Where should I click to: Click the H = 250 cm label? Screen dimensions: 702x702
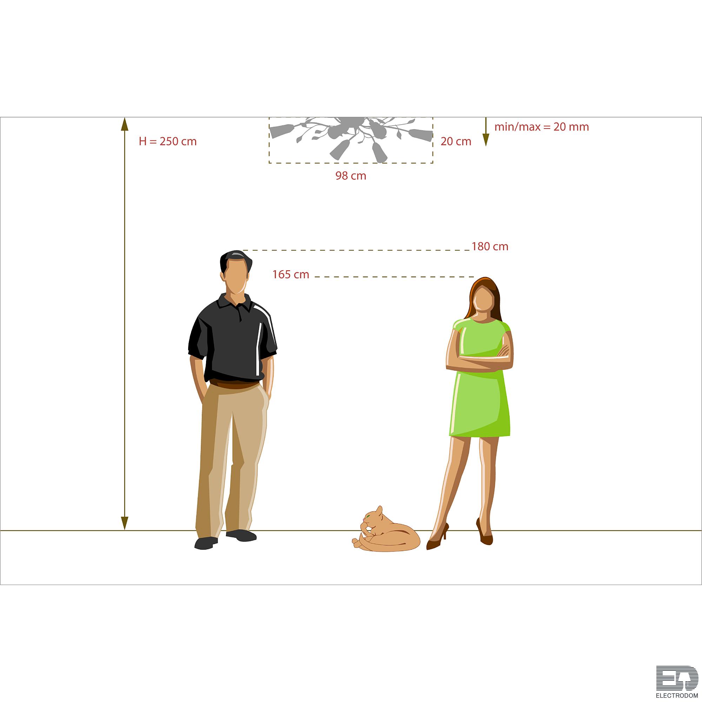coord(167,141)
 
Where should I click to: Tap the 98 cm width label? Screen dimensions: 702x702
coord(351,176)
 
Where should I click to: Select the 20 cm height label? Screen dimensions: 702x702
coord(456,141)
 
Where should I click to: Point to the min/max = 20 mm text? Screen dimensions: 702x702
coord(542,127)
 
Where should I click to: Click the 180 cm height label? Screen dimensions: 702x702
coord(490,246)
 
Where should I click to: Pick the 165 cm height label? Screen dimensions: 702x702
coord(291,274)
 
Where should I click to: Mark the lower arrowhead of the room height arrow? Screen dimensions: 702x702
coord(125,523)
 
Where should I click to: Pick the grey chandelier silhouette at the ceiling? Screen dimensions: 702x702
coord(351,138)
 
